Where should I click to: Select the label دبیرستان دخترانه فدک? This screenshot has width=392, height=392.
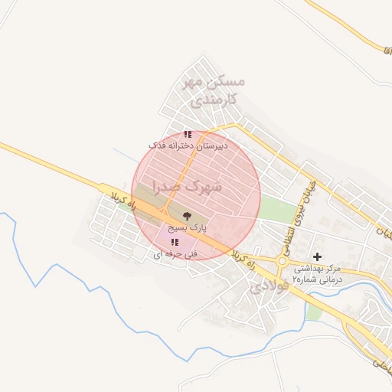(184, 145)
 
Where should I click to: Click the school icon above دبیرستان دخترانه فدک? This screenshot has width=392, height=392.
(188, 134)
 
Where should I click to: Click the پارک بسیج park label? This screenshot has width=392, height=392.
(188, 228)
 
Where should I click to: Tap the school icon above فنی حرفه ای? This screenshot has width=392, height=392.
(175, 243)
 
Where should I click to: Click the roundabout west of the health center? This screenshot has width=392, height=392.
(283, 263)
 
